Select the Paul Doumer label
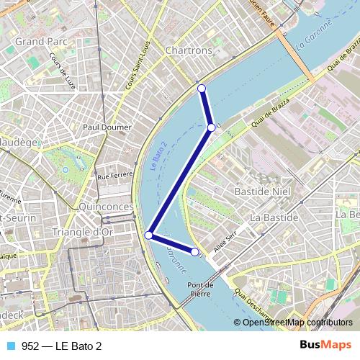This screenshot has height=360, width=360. point(107,127)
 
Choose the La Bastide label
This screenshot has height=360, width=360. point(274,217)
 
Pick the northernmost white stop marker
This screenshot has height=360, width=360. point(202,89)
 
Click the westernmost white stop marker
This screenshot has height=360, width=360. point(150,235)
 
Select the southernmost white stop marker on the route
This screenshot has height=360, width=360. point(194,251)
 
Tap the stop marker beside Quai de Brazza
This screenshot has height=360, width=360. point(211,127)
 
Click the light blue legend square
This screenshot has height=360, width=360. point(11,346)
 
